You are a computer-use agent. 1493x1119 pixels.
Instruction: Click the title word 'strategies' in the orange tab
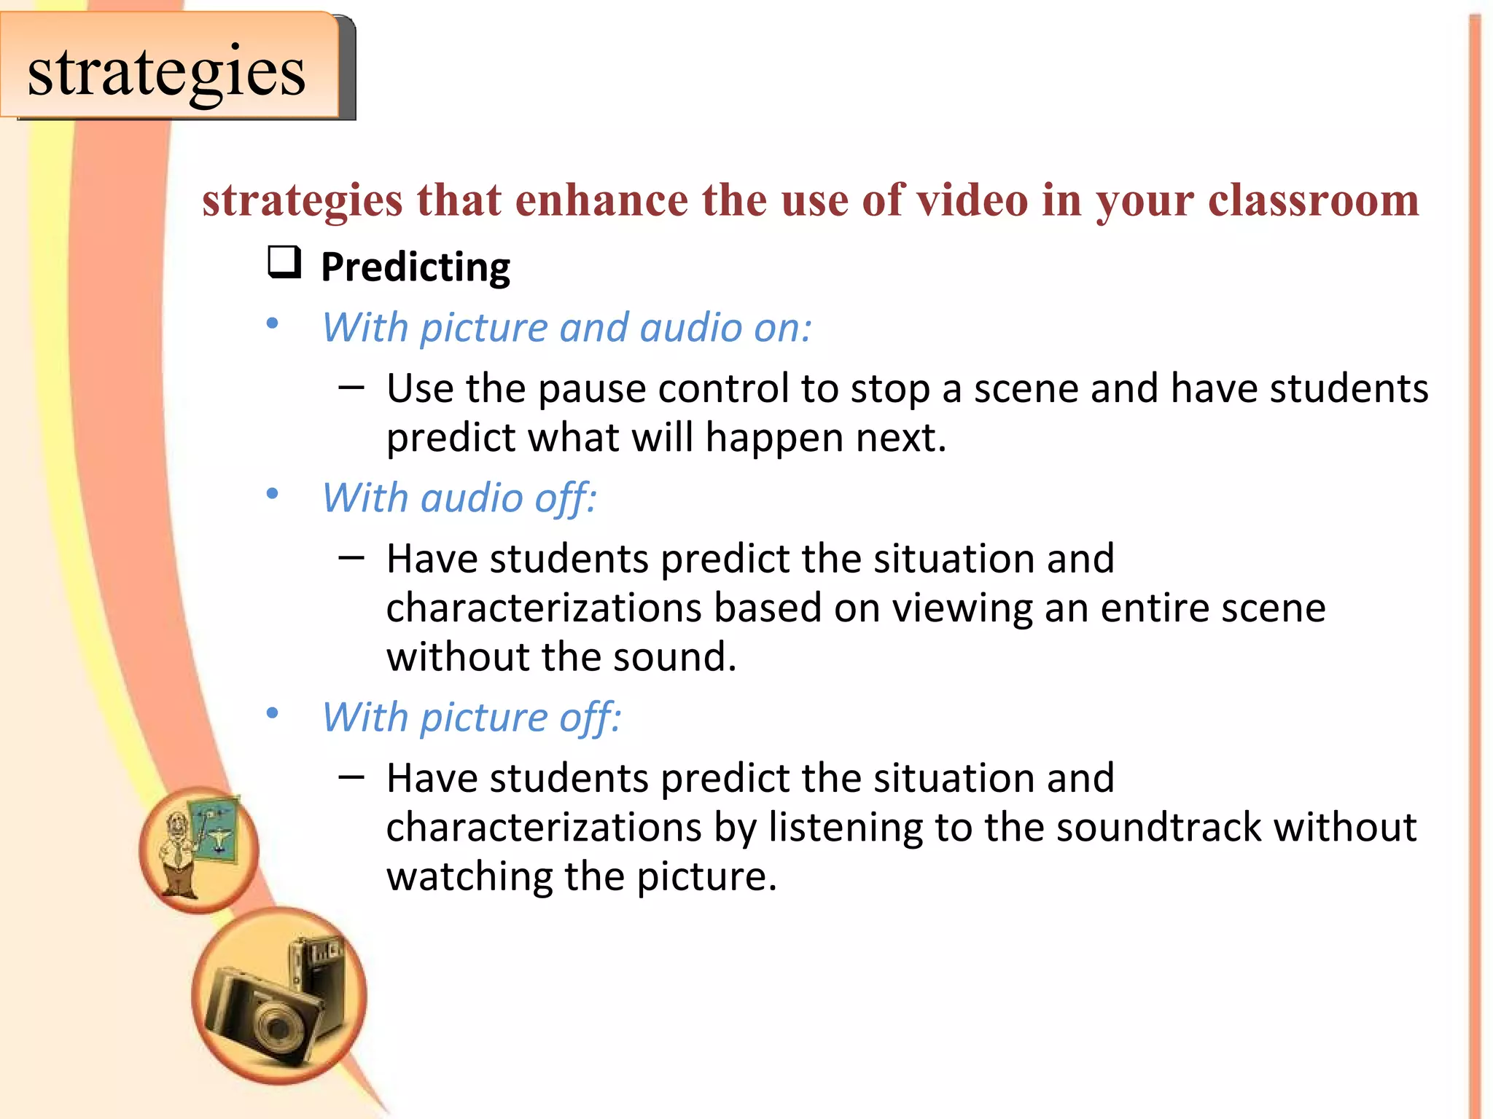[x=166, y=72]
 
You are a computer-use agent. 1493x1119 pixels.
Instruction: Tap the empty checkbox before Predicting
[x=284, y=262]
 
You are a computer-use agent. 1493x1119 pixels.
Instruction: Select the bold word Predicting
[x=416, y=267]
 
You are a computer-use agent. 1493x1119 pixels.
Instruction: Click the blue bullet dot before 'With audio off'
[x=273, y=495]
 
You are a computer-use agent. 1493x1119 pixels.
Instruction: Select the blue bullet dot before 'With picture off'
[x=273, y=713]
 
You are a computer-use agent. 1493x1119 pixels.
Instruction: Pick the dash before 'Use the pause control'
[x=351, y=387]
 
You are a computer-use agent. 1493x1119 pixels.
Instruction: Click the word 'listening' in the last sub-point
[x=846, y=828]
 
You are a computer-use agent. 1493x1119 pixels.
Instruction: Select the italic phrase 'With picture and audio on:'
[x=566, y=328]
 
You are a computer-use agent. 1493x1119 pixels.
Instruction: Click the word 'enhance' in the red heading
[x=601, y=200]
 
